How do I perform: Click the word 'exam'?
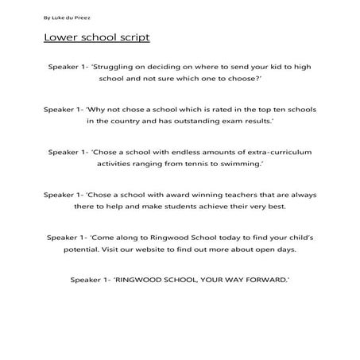(236, 122)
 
